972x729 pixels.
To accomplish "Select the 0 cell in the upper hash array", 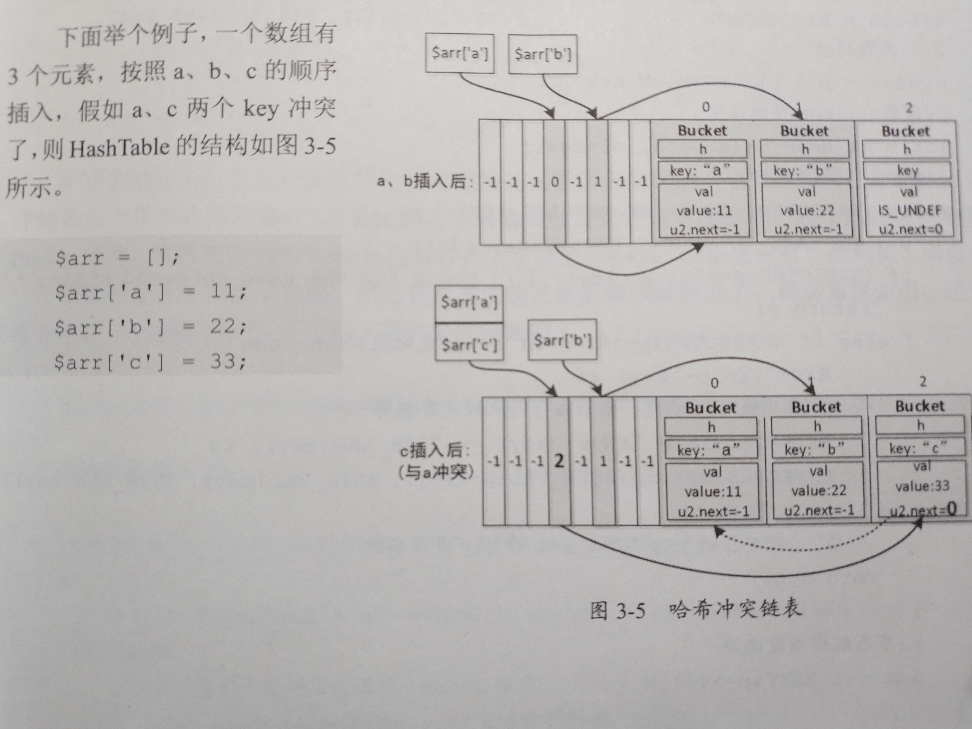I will (x=555, y=182).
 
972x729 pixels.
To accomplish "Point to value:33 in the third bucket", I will (x=922, y=486).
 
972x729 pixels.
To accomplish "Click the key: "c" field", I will (x=920, y=448).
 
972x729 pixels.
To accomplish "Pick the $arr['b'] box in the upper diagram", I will (x=543, y=54).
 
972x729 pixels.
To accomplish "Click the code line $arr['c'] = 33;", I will (x=151, y=362).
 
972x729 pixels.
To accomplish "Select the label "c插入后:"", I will (x=435, y=451).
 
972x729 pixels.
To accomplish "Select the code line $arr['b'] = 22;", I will (x=151, y=327).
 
